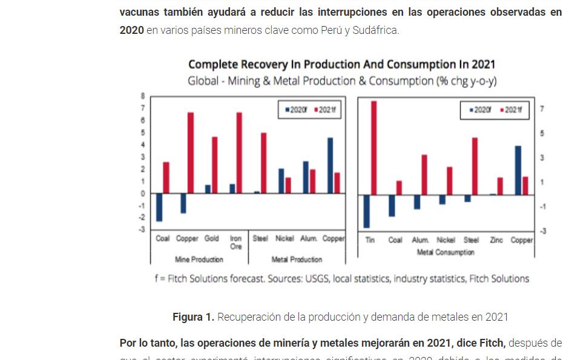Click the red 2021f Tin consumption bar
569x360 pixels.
(373, 148)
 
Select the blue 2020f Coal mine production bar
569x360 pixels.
(159, 208)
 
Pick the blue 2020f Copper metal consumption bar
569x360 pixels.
(518, 170)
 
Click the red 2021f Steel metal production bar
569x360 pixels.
(263, 163)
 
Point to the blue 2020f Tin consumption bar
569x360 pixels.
(366, 211)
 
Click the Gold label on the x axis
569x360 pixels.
(211, 238)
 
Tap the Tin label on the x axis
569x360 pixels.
(370, 240)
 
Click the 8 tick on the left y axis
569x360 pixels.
(143, 96)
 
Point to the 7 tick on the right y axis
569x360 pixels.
(542, 109)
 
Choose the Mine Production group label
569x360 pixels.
(199, 260)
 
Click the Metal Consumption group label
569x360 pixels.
(446, 252)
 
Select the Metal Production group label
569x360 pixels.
(297, 260)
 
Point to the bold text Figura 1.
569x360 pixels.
(193, 316)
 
